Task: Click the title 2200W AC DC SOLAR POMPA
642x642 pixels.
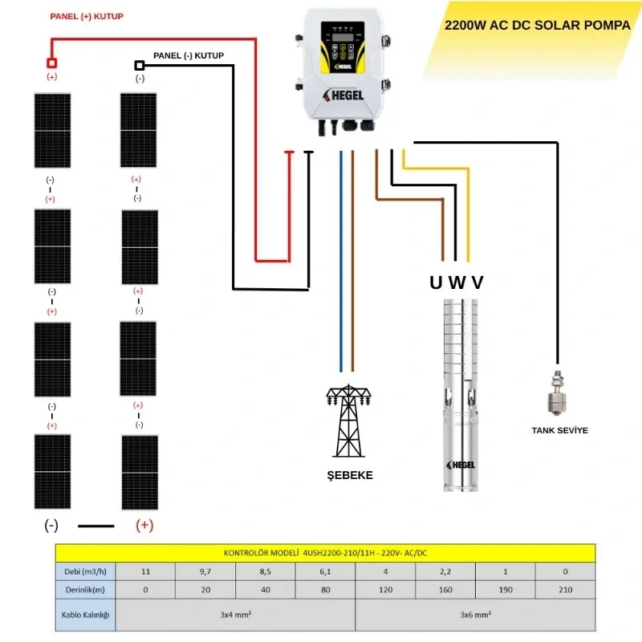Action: tap(537, 25)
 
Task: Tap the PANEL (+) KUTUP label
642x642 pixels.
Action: tap(87, 16)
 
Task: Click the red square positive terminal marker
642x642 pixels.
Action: tap(52, 63)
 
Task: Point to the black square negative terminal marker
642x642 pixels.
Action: tap(140, 65)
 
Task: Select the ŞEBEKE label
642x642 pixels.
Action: tap(349, 475)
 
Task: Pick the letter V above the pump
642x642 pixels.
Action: tap(477, 282)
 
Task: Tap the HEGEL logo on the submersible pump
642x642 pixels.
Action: tap(458, 465)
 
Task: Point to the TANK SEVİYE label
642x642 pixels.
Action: tap(559, 431)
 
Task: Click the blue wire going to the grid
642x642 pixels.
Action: tap(341, 265)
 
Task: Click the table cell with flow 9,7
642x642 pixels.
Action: tap(205, 571)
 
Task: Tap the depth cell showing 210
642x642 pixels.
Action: tap(566, 590)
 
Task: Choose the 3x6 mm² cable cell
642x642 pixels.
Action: tap(475, 615)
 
